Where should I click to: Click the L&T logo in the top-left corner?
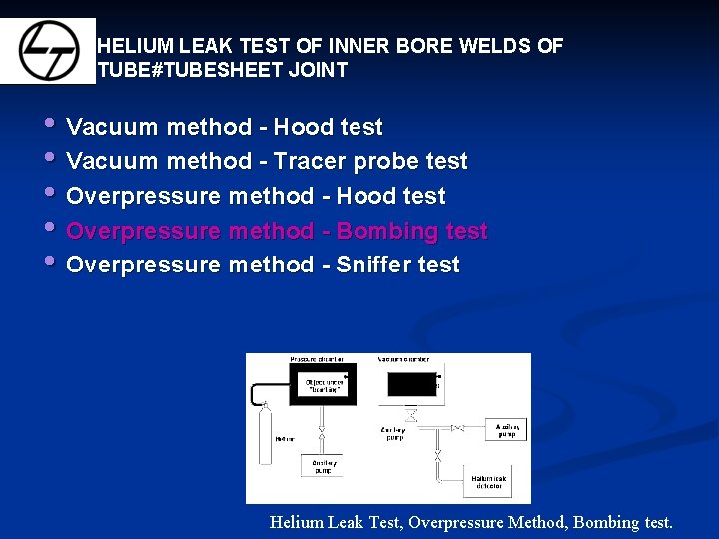(47, 50)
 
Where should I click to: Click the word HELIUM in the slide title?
(135, 46)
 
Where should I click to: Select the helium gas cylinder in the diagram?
(265, 433)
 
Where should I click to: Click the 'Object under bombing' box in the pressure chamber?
(322, 385)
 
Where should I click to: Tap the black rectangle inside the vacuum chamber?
(407, 383)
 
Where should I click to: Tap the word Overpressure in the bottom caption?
(456, 522)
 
